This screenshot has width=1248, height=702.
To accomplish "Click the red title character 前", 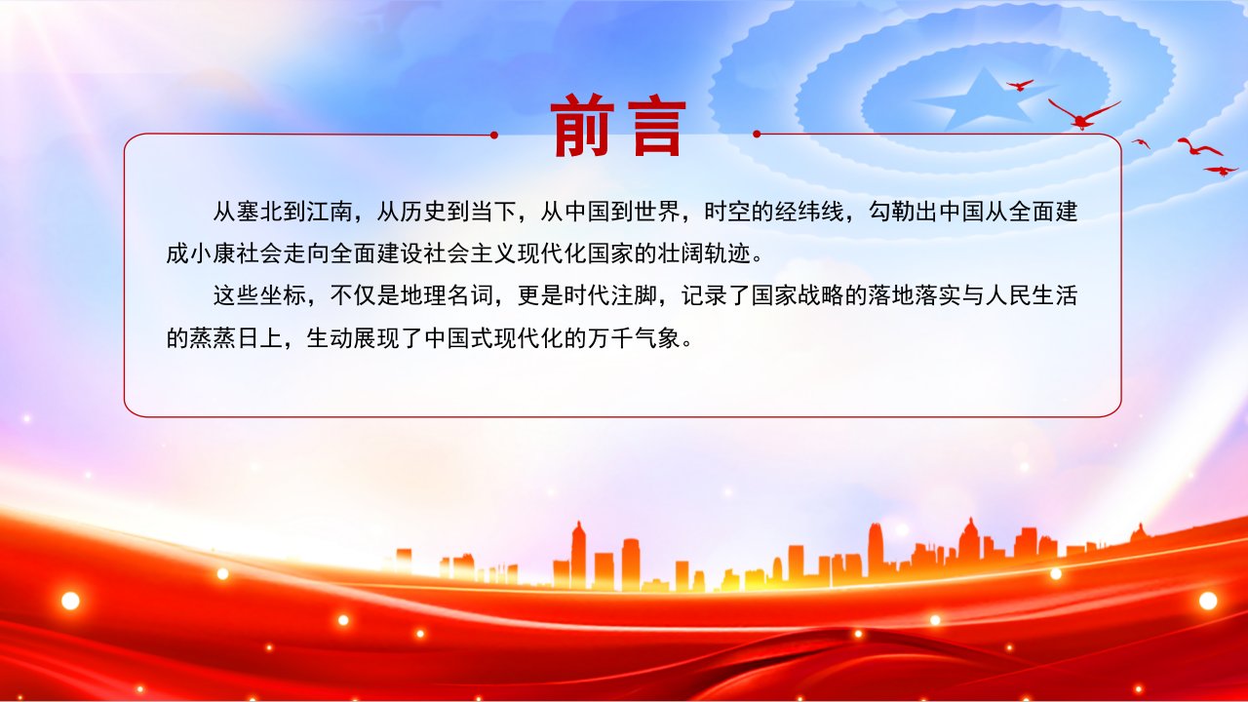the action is pos(583,126).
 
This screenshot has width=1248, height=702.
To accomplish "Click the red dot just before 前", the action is pos(493,135).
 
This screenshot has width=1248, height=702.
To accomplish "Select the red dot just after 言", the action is pos(757,134).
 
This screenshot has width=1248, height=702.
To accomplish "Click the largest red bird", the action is pos(1082,114).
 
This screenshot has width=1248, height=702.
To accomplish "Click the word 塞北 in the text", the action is pos(259,212).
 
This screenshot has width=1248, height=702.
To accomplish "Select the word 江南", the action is pos(330,212).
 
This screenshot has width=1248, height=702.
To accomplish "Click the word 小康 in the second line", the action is pos(213,254).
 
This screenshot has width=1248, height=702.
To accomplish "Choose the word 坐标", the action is pos(283,295).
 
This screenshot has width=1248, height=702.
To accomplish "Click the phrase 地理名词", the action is pos(447,295).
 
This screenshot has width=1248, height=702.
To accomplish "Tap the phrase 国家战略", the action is pos(798,295).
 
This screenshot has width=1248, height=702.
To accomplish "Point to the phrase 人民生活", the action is pos(1032,295).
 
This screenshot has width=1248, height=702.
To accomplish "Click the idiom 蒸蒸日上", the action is pos(236,338).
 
